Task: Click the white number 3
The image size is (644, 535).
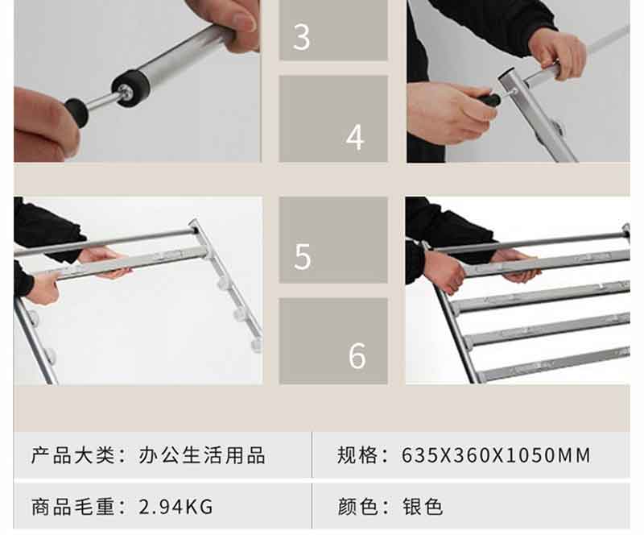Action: tap(301, 37)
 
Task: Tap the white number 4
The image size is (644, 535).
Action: tap(355, 137)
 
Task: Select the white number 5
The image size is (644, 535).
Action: tap(303, 256)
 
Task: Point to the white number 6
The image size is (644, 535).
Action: tap(357, 355)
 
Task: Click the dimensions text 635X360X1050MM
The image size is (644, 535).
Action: tap(496, 455)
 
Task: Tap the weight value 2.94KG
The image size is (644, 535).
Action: tap(175, 506)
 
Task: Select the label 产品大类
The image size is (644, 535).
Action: tap(73, 455)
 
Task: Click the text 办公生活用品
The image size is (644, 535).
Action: tap(202, 455)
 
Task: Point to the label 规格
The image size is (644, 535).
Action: tap(357, 455)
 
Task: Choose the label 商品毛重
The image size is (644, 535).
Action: tap(73, 506)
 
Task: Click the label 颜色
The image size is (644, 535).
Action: tap(357, 506)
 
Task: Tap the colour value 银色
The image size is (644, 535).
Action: tap(423, 506)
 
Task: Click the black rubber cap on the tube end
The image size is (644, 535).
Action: tap(130, 89)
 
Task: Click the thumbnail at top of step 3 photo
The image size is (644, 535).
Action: tap(243, 21)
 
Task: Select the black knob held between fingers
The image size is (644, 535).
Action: tap(76, 112)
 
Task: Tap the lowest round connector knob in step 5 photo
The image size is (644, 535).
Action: tap(256, 345)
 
